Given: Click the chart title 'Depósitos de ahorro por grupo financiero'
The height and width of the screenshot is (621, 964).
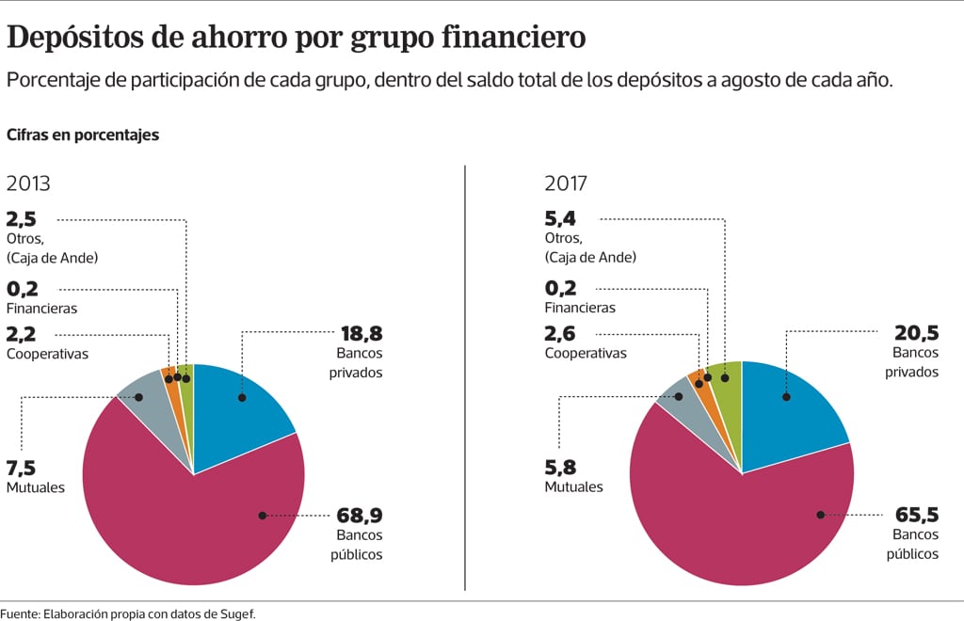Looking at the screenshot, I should click(297, 37).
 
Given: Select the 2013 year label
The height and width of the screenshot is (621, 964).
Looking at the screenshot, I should click(28, 184).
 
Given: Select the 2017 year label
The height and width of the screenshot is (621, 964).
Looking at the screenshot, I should click(567, 184).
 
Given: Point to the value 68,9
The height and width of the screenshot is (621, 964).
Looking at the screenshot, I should click(360, 516).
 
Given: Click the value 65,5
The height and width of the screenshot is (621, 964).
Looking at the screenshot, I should click(916, 516).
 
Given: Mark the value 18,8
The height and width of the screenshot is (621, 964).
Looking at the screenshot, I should click(360, 333).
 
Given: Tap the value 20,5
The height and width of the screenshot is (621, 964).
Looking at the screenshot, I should click(916, 333).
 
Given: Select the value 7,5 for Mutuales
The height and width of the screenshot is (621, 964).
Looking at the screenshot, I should click(22, 469).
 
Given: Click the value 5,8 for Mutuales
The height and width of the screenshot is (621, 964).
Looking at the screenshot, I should click(561, 468).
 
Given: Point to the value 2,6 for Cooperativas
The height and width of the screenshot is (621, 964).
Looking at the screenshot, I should click(561, 334).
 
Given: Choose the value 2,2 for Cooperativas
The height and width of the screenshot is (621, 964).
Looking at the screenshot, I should click(22, 334).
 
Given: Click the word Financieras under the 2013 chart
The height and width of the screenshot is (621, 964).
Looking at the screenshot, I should click(41, 308).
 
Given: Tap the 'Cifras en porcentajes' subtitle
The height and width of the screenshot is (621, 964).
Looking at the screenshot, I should click(83, 135).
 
